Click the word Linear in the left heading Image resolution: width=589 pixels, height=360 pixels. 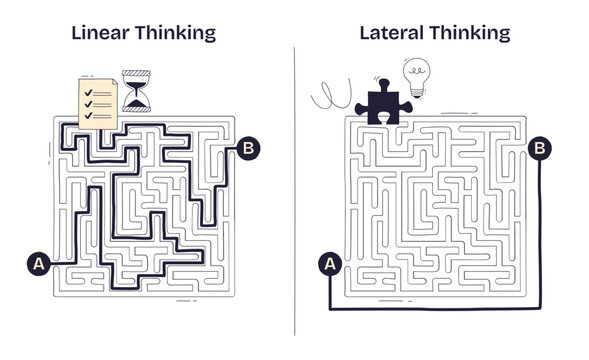point(97,33)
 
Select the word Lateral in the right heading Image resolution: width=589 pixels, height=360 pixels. point(391,33)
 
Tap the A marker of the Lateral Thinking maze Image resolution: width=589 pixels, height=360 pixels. point(329,264)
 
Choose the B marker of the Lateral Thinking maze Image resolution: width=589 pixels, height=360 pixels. point(540,149)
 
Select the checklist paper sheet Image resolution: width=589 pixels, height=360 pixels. point(98,102)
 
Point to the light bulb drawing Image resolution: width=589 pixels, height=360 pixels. point(415,76)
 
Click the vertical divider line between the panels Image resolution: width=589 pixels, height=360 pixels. point(295,190)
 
